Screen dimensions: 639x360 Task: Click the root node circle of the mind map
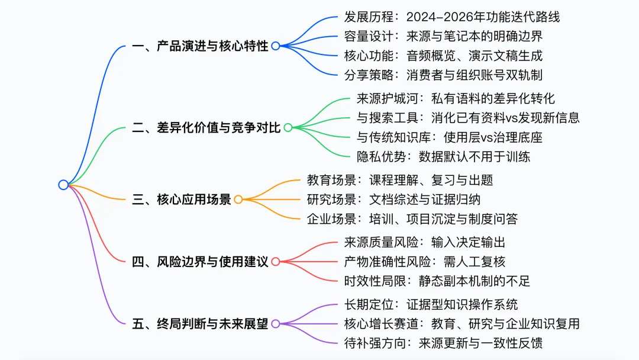click(63, 185)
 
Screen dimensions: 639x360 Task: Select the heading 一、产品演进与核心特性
click(201, 46)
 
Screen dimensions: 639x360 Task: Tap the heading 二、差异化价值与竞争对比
click(206, 127)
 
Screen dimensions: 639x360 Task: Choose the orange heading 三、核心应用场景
click(182, 200)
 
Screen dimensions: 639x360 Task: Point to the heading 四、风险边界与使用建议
click(201, 262)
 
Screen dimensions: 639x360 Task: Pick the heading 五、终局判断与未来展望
click(201, 324)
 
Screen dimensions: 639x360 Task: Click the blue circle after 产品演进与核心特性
click(276, 46)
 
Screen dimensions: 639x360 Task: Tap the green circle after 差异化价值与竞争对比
click(288, 127)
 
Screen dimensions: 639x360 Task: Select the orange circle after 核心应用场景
click(238, 200)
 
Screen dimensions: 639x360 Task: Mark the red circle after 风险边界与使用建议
click(276, 262)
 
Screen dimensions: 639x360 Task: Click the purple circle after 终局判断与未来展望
click(276, 324)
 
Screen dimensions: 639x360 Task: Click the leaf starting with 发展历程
click(451, 17)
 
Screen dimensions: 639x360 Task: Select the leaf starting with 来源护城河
click(456, 98)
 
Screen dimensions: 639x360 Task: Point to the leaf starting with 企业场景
click(412, 219)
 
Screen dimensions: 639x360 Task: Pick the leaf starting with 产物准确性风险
click(425, 262)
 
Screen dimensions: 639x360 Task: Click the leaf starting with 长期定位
click(431, 304)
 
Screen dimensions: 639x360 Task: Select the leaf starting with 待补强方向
click(443, 343)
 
